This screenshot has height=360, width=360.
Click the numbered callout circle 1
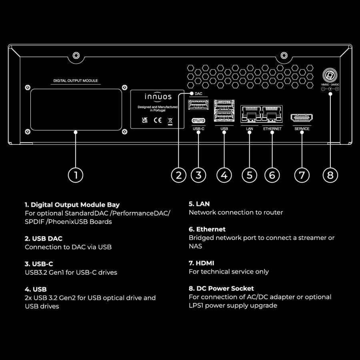76,175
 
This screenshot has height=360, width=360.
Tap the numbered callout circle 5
249,175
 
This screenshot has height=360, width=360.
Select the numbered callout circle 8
330,175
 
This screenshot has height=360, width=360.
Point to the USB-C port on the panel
198,120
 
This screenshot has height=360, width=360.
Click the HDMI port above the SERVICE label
302,118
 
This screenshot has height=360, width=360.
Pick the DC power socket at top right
330,75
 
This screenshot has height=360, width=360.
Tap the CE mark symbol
158,120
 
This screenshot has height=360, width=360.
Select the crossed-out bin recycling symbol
170,120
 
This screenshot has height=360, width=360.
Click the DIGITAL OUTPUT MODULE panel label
76,81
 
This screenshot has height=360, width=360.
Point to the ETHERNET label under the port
272,129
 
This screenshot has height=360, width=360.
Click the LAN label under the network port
249,129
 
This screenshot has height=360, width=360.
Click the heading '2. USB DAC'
44,238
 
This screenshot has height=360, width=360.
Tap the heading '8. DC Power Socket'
221,288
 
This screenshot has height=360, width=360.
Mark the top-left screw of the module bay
28,87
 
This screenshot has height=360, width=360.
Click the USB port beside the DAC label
198,105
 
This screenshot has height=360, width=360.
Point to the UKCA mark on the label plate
144,120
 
